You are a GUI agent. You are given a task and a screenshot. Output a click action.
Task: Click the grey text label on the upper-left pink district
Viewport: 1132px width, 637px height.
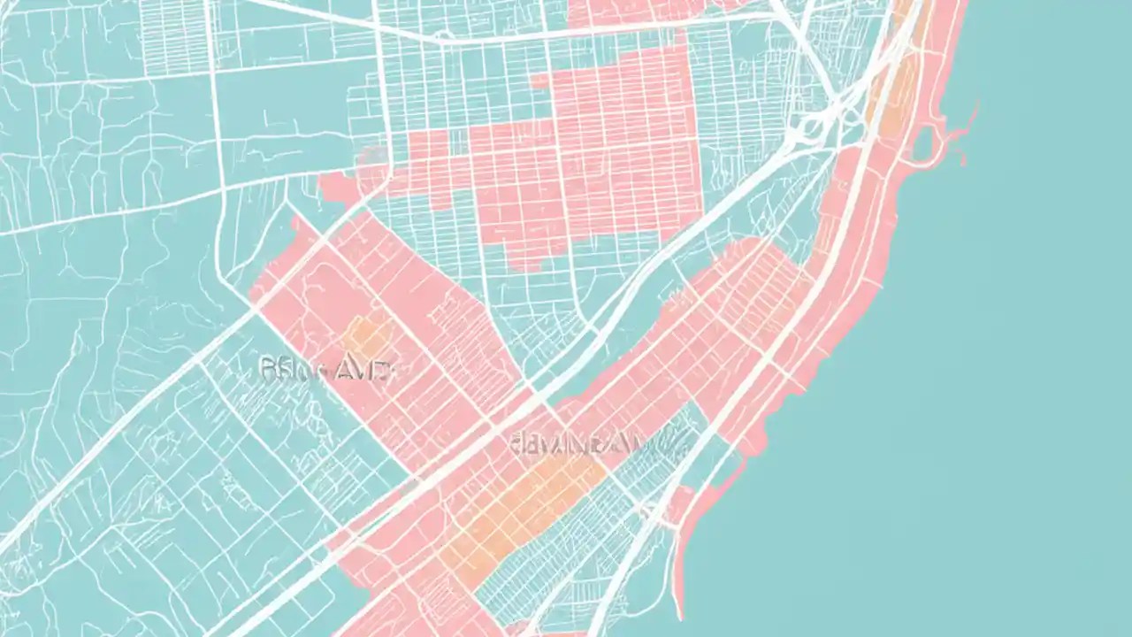(324, 369)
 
